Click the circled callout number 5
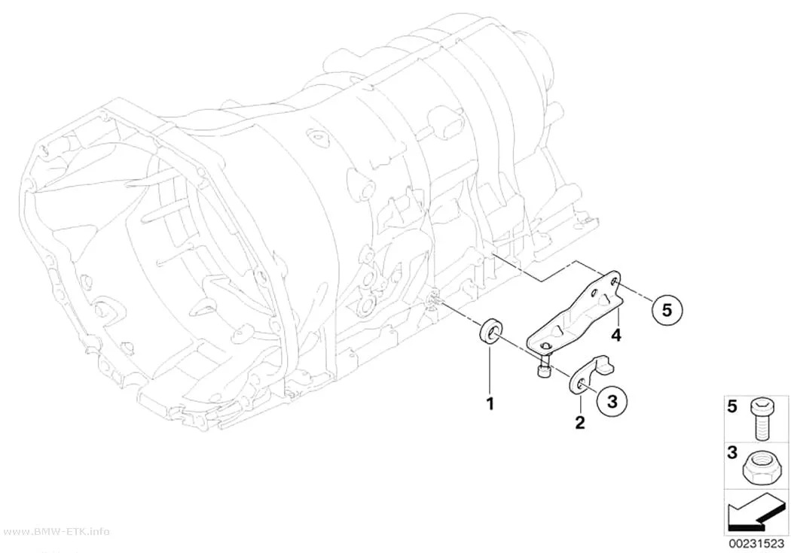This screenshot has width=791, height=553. coord(667,310)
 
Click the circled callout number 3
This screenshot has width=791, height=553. coord(612,402)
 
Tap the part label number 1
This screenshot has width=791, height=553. coord(490,403)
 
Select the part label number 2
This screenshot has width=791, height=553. coord(580,422)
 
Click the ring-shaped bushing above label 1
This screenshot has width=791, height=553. coord(490,332)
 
